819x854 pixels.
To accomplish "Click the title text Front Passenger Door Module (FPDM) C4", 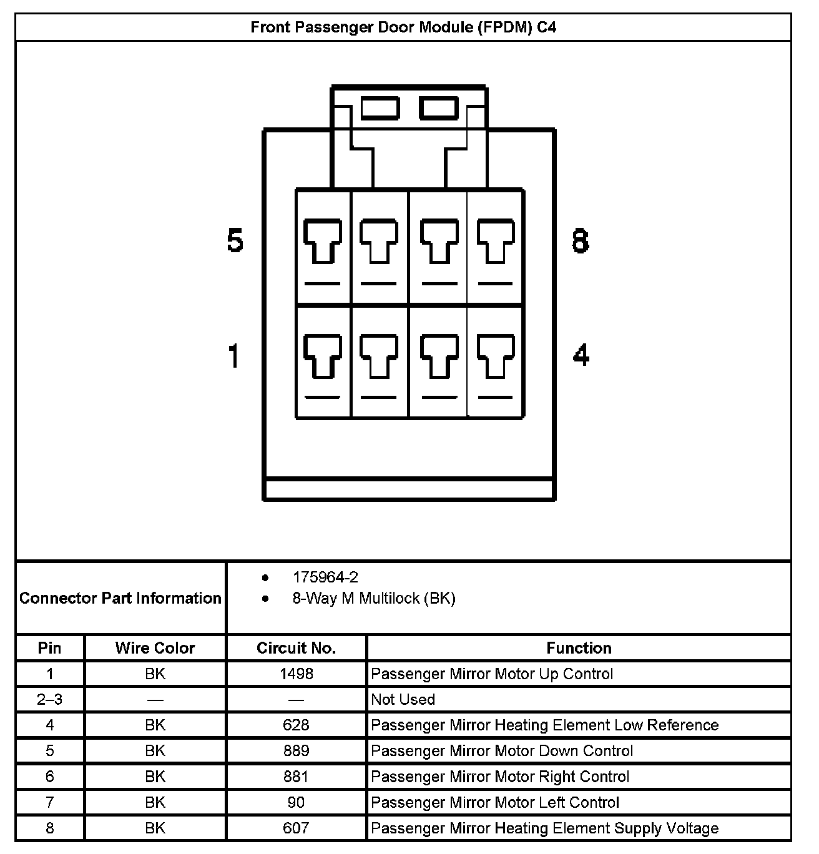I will pyautogui.click(x=403, y=27).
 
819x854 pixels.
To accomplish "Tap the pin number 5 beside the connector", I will pyautogui.click(x=235, y=240).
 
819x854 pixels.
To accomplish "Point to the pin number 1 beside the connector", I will pyautogui.click(x=234, y=356).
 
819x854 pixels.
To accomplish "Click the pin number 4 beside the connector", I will pyautogui.click(x=581, y=356).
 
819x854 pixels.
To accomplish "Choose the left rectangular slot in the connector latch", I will pyautogui.click(x=380, y=108).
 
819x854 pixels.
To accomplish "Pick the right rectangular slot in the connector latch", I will pyautogui.click(x=439, y=108).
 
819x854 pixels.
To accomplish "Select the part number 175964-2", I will pyautogui.click(x=325, y=577).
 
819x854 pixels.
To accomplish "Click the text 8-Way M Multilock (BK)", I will pyautogui.click(x=374, y=599).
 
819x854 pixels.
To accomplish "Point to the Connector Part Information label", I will pyautogui.click(x=120, y=598).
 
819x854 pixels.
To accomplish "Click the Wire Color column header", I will pyautogui.click(x=155, y=648).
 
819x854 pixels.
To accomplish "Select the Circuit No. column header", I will pyautogui.click(x=296, y=648).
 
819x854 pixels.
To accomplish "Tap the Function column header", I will pyautogui.click(x=579, y=648).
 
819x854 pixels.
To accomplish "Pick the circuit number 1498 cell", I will pyautogui.click(x=296, y=674).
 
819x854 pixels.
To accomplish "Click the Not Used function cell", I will pyautogui.click(x=403, y=700).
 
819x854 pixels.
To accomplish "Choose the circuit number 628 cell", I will pyautogui.click(x=296, y=725).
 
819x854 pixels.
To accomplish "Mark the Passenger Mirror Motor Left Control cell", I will pyautogui.click(x=494, y=803).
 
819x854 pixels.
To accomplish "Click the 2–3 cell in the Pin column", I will pyautogui.click(x=50, y=700).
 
